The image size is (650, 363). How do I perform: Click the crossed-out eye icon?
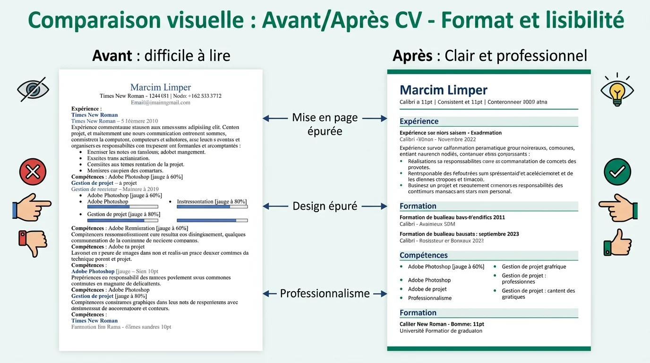click(32, 89)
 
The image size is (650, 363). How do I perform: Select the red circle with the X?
click(33, 172)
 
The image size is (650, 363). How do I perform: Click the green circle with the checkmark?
click(617, 172)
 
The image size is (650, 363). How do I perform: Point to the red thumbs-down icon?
click(31, 242)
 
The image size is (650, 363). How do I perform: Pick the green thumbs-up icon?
click(617, 242)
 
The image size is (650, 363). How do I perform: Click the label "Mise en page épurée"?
click(325, 124)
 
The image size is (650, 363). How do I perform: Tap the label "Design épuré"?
click(325, 206)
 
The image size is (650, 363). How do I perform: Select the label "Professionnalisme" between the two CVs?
click(325, 294)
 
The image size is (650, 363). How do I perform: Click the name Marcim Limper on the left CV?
click(161, 87)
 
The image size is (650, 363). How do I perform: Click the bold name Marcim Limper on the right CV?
click(443, 90)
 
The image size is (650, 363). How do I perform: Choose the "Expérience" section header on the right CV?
click(419, 121)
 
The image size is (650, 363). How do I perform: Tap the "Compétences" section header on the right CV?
click(423, 255)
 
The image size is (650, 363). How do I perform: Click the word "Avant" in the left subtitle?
click(112, 56)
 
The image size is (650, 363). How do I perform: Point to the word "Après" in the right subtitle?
click(412, 56)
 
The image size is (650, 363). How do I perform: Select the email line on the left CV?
click(161, 102)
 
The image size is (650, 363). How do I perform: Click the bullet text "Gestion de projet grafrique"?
click(534, 267)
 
